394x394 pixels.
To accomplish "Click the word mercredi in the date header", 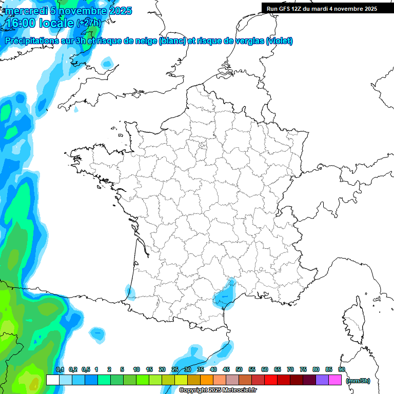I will [26, 11].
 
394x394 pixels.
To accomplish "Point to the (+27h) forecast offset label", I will [89, 23].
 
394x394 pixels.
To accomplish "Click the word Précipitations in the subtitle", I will [31, 41].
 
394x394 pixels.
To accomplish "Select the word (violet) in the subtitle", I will [280, 41].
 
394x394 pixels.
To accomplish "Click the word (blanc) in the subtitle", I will [172, 41].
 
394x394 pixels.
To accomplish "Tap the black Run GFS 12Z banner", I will [322, 9].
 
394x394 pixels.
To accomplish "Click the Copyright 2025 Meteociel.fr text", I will [218, 390].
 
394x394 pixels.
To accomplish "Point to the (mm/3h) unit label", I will [358, 381].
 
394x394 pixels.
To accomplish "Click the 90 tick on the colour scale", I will [342, 369].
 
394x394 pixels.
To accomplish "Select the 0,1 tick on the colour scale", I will [60, 369].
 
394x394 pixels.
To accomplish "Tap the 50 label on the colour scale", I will [239, 369].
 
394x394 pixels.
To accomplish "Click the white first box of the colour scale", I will [52, 380].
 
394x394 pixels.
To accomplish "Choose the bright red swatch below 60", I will [271, 380].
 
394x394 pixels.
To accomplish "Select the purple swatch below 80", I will [322, 380].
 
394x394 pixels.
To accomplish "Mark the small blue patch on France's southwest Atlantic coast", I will [130, 293].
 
